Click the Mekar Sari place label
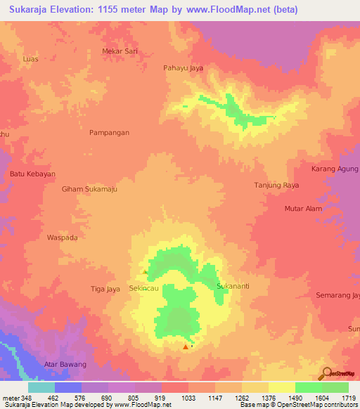[x=119, y=52]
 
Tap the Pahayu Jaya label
[x=183, y=68]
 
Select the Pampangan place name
[x=109, y=132]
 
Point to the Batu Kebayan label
[x=32, y=174]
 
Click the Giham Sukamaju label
[x=89, y=189]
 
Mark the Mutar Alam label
[x=302, y=209]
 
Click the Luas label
[x=30, y=59]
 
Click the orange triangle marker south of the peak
[x=186, y=346]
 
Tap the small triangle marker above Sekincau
[x=145, y=272]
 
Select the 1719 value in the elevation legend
[x=348, y=397]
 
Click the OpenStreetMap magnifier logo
[x=326, y=373]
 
